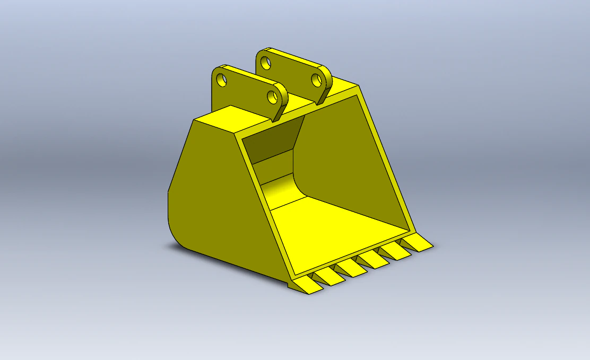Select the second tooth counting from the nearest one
coord(329,276)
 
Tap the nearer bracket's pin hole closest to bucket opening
coord(272,96)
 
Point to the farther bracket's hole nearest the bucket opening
coord(316,80)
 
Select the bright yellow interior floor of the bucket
coord(334,228)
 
